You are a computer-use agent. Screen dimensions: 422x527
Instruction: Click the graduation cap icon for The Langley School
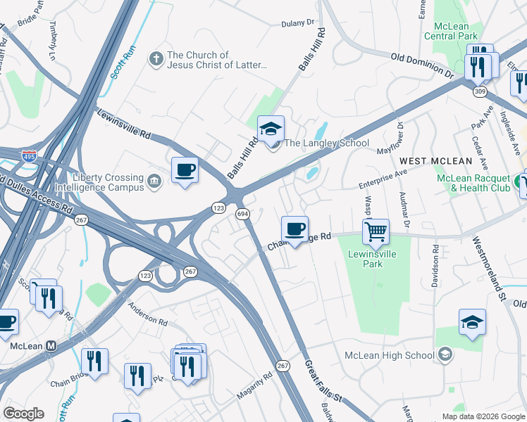pos(271,129)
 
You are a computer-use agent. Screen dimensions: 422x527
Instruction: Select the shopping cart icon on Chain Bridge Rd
pos(376,231)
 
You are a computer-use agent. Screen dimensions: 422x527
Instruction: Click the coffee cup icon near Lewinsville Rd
pos(185,170)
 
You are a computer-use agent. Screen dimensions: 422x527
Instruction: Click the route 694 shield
pos(242,213)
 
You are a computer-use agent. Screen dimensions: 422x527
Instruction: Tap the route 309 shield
pos(479,91)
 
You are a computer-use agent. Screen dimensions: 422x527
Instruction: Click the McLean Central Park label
pos(451,31)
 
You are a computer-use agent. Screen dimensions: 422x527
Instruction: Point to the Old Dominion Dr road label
pos(422,64)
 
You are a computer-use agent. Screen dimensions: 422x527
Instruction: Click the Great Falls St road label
pos(323,382)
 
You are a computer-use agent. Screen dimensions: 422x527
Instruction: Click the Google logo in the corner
pos(23,414)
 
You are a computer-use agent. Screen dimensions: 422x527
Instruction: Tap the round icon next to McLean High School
pos(445,354)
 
